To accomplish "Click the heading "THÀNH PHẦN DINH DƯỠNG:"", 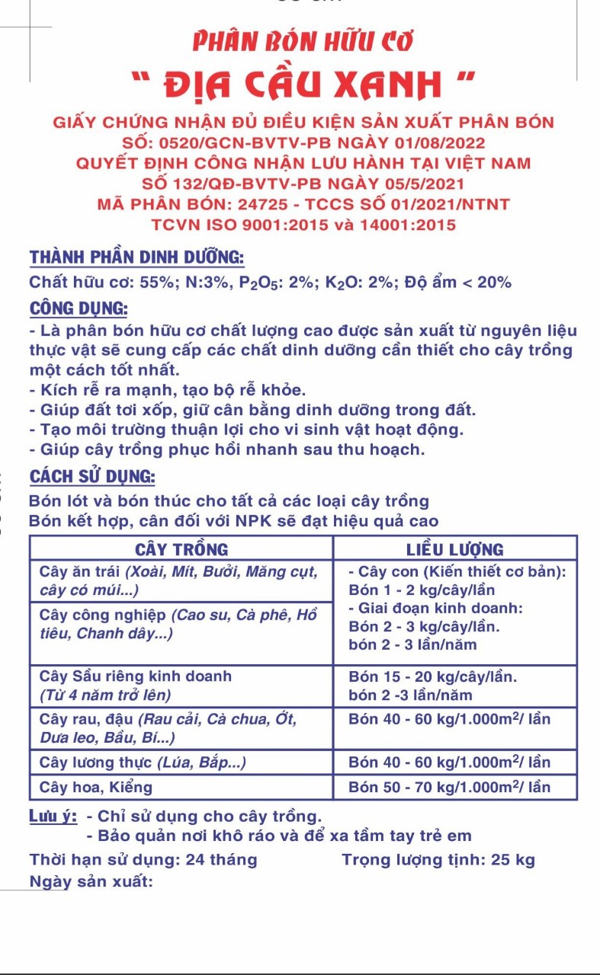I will point(136,257).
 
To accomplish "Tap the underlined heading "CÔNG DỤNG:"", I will point(79,308).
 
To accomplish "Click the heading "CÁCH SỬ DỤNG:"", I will point(92,478).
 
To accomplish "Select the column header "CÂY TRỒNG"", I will point(181,548).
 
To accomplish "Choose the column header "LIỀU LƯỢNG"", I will point(454,548).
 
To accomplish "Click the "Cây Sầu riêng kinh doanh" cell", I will point(136,676).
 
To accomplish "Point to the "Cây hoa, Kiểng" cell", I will point(96,787).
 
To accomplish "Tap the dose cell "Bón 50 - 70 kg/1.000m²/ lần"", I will point(449,787).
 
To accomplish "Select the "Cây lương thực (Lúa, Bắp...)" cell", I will point(143,762).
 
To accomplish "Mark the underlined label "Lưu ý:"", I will point(53,816).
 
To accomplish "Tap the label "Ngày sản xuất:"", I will point(91,881).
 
